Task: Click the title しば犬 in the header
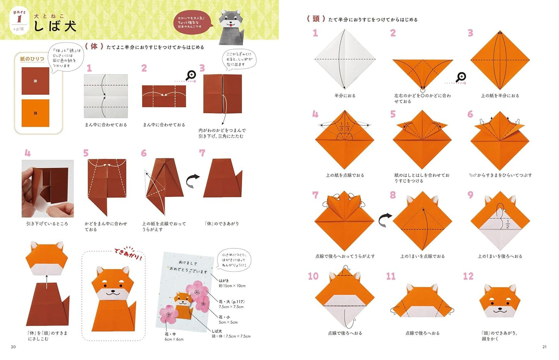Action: point(55,26)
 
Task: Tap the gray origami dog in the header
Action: point(231,27)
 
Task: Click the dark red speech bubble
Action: point(192,23)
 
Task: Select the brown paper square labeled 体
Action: point(35,81)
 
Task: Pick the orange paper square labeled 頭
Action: point(35,113)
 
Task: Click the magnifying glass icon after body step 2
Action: point(191,75)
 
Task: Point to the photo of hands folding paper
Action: point(48,188)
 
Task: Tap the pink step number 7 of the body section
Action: point(202,153)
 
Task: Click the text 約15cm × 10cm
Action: point(232,286)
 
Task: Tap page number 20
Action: point(13,347)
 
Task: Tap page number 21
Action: point(544,347)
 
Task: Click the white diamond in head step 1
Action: point(345,59)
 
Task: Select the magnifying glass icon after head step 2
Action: point(461,77)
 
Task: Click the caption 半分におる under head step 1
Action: point(345,96)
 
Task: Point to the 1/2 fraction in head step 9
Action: point(508,224)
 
